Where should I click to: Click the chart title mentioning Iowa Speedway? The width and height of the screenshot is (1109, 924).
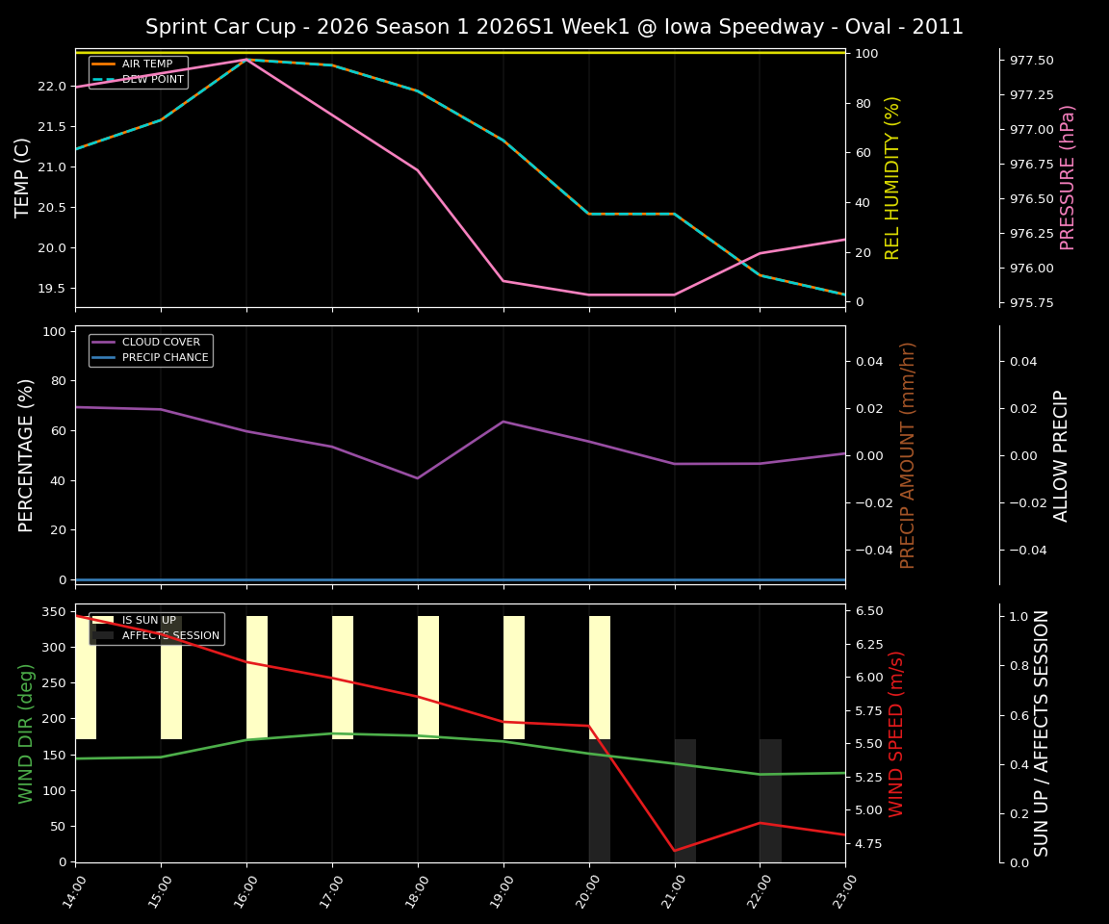554,27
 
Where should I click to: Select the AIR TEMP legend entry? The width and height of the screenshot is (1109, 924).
147,64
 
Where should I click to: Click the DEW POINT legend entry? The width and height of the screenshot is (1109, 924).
152,80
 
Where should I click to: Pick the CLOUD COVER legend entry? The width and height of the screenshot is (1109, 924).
161,343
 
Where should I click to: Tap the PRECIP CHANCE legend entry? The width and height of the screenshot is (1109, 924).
165,358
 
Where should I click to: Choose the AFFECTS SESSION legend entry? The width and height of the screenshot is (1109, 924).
170,636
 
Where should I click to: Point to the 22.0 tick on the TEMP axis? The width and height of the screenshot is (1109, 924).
54,87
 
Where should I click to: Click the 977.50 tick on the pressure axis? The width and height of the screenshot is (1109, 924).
1031,61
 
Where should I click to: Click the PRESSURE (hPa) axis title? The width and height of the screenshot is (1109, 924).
1068,177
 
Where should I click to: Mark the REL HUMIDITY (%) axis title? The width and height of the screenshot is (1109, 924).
892,177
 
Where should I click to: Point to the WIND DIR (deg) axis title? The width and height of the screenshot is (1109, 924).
26,733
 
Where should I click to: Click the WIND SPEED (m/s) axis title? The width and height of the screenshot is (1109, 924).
896,733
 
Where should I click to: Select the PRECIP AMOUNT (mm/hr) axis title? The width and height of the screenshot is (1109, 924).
908,454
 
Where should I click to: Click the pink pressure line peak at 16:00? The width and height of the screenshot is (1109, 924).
246,60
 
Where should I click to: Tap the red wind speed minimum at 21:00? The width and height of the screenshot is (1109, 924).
675,851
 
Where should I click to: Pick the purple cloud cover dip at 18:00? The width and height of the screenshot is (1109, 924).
418,478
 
